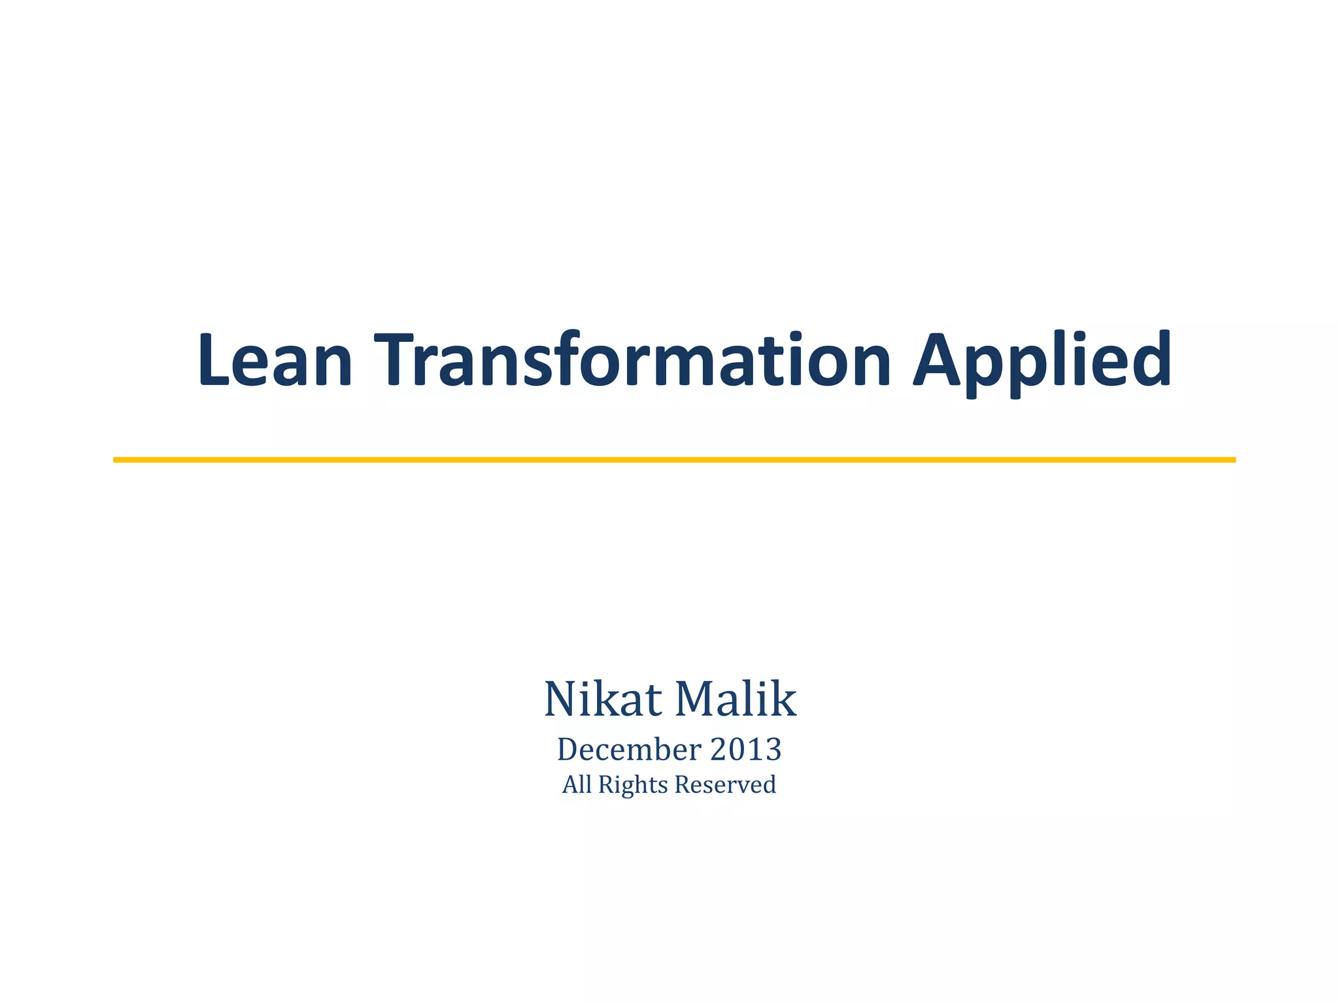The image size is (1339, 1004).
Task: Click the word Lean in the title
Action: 275,360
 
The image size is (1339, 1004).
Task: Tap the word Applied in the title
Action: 1042,361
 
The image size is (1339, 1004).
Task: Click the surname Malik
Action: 736,699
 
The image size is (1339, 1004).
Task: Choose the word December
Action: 628,750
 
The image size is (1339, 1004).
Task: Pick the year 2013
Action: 745,750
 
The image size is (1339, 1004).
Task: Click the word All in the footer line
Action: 577,784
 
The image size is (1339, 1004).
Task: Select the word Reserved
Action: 725,784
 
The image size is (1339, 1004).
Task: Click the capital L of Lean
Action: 214,360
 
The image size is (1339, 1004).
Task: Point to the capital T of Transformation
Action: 398,360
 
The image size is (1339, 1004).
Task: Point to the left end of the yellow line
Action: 116,460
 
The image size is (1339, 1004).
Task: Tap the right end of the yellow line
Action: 1233,460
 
